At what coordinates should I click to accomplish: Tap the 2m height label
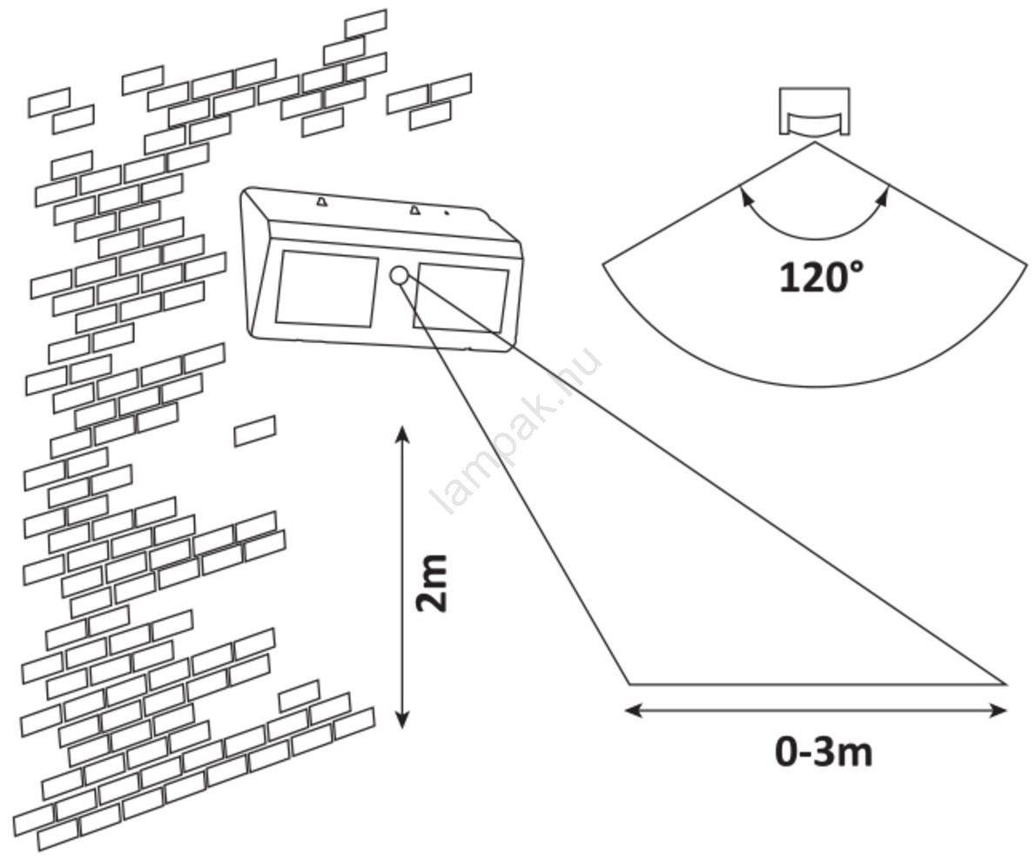point(432,582)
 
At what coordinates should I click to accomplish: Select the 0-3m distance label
point(823,752)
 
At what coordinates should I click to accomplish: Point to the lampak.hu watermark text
point(519,430)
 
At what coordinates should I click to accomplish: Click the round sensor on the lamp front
point(399,276)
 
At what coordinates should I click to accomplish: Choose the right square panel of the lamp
point(461,299)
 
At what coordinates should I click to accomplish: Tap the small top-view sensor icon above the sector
point(814,111)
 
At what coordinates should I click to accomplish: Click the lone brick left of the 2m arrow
point(255,431)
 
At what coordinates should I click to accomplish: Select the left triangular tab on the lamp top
point(321,202)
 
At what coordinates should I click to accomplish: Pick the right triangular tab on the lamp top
point(414,209)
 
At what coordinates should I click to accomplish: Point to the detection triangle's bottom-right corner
point(1006,684)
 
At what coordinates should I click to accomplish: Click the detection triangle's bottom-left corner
point(629,684)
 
